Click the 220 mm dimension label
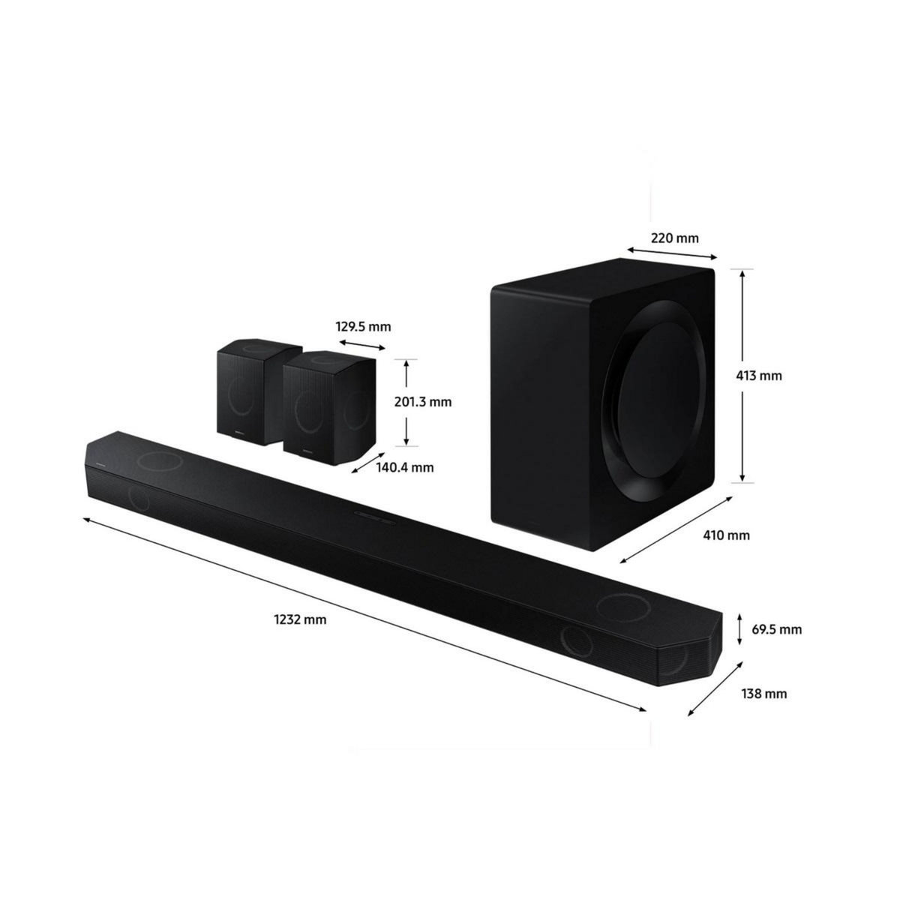click(x=674, y=238)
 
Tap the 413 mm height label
click(x=760, y=375)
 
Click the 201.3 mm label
click(x=423, y=402)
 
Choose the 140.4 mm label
click(x=406, y=467)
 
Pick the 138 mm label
click(x=765, y=694)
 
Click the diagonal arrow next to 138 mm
click(x=715, y=689)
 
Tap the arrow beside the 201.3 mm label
click(x=406, y=402)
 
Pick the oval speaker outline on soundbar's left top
click(x=160, y=459)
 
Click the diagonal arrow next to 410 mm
click(x=675, y=529)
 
